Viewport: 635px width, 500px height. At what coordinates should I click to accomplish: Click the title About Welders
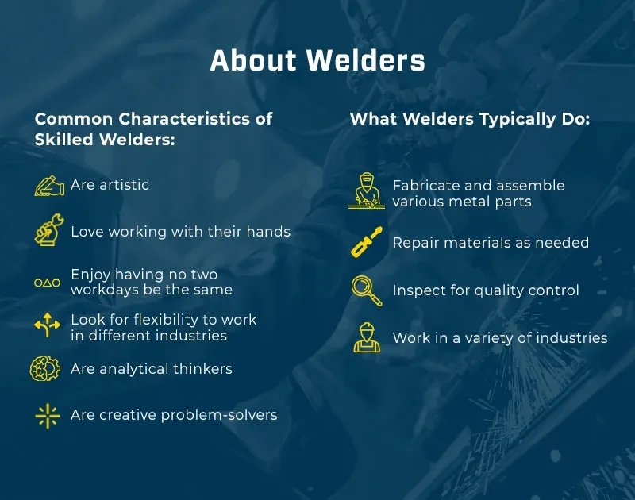click(317, 61)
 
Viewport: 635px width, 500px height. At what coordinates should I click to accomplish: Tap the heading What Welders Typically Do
click(469, 119)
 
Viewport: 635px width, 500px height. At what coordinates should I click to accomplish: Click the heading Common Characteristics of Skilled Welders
click(153, 129)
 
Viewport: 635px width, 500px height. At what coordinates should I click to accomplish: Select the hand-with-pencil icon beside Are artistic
click(49, 186)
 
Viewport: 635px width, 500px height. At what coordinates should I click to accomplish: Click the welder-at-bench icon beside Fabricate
click(366, 192)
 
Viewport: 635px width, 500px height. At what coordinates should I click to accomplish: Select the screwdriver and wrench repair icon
click(366, 242)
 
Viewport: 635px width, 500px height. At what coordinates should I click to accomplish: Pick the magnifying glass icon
click(366, 290)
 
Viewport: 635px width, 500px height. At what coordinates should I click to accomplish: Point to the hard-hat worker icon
click(366, 337)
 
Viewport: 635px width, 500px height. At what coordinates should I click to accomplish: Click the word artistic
click(123, 185)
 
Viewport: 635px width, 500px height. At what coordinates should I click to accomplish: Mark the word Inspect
click(418, 290)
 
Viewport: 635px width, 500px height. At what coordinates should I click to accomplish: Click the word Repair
click(415, 243)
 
